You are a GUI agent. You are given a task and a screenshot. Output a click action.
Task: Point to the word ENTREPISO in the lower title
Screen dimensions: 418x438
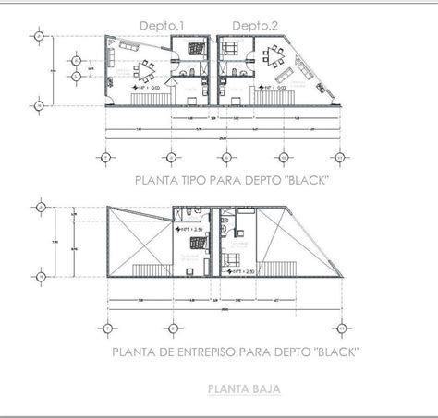(x=214, y=352)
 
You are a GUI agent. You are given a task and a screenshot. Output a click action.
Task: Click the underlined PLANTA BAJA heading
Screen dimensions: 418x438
(x=245, y=389)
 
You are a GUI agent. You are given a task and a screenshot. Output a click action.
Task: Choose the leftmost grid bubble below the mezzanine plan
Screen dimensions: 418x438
(x=107, y=327)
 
